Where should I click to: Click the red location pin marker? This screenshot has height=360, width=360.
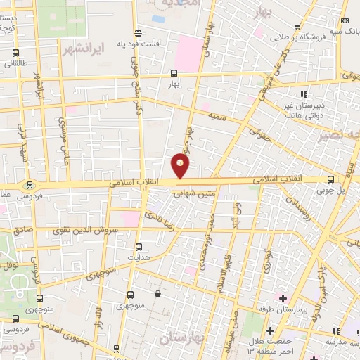181,166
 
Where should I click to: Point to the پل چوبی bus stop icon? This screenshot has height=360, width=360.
331,179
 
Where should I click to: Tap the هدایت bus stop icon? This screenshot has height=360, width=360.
138,247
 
